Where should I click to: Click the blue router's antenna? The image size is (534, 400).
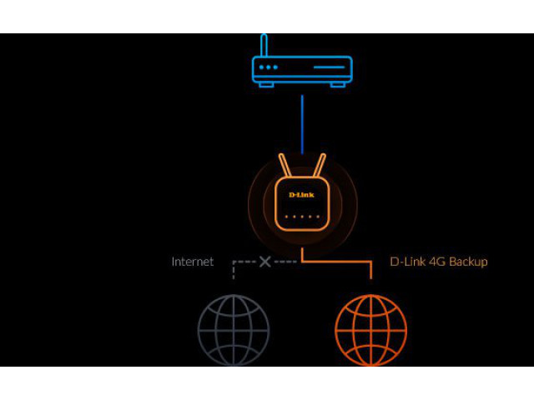click(264, 45)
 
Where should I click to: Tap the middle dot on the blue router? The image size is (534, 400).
click(269, 67)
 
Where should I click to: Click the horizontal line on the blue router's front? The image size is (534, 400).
click(329, 67)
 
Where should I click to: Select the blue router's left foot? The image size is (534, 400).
click(266, 84)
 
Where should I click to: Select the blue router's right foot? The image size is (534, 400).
click(338, 84)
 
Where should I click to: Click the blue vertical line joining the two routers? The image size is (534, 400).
click(302, 124)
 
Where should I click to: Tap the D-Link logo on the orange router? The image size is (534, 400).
click(301, 195)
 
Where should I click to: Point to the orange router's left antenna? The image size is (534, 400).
click(285, 165)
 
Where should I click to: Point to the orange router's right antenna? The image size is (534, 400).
click(320, 165)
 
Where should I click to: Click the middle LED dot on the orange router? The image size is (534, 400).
click(302, 217)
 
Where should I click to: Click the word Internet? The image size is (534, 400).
click(193, 262)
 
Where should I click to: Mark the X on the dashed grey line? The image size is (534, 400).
click(265, 262)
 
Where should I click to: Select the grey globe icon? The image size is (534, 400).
click(234, 330)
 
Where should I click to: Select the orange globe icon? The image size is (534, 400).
click(370, 330)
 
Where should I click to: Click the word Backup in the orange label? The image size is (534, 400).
click(468, 262)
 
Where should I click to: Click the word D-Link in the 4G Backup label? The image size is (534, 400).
click(408, 262)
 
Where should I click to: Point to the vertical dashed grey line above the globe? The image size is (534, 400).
click(234, 270)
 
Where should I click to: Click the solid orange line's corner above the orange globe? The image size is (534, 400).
click(370, 262)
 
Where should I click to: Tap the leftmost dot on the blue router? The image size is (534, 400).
click(261, 67)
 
